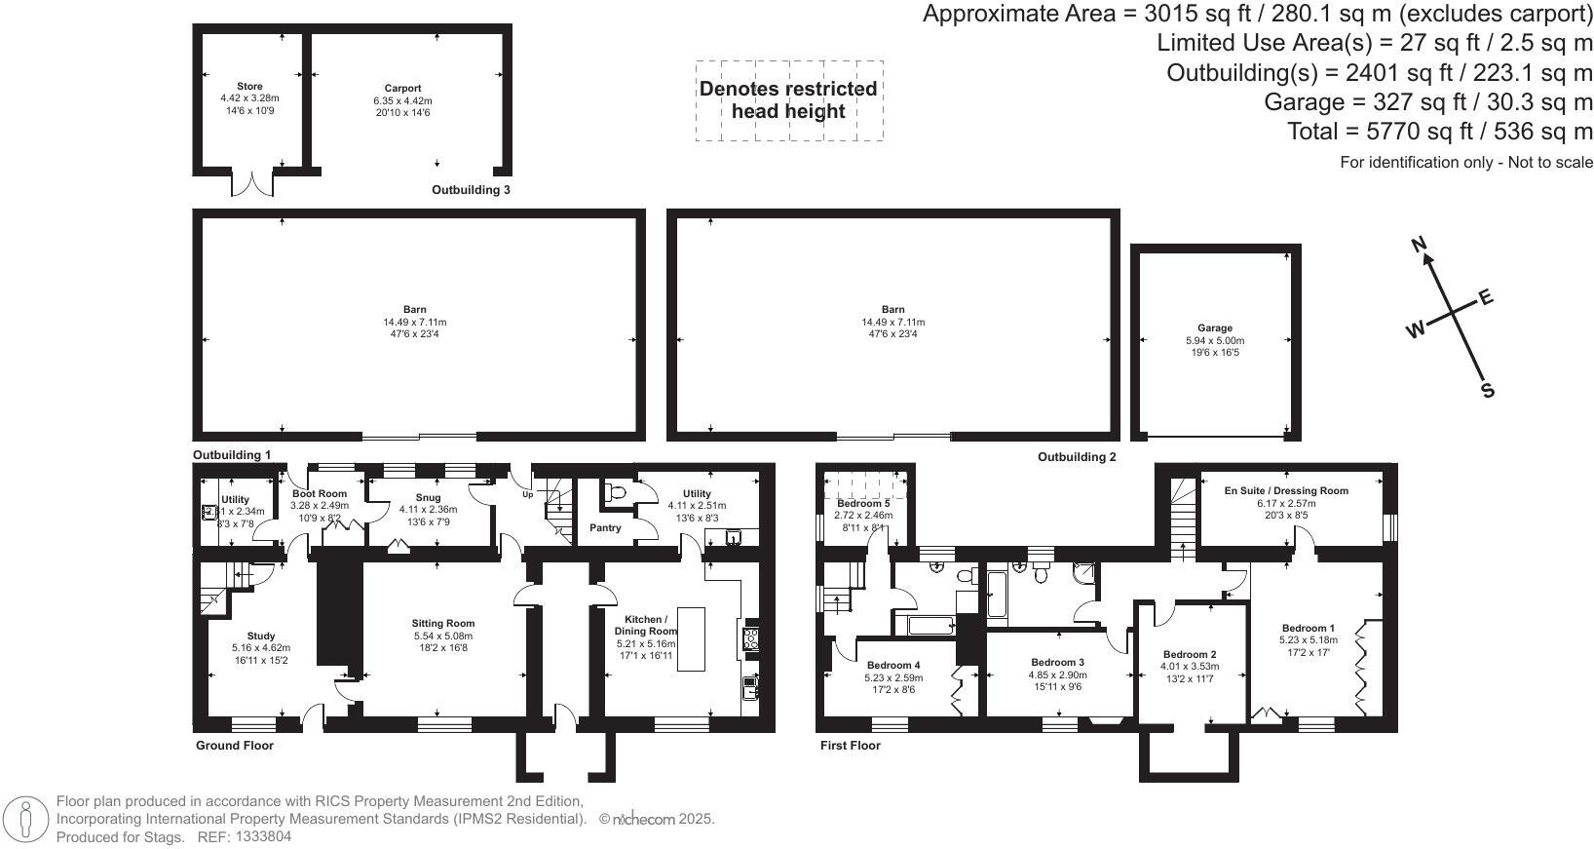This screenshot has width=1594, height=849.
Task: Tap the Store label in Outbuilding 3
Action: [249, 87]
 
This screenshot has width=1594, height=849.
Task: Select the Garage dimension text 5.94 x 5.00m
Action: [1215, 340]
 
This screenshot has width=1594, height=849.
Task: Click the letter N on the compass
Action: [1420, 244]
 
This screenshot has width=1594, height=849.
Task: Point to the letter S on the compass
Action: [1488, 390]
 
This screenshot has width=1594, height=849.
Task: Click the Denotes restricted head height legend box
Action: [788, 100]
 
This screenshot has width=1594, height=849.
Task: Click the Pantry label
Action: [606, 527]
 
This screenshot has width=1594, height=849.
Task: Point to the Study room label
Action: [261, 636]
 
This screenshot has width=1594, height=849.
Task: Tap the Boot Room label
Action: [320, 494]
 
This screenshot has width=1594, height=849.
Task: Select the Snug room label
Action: [429, 497]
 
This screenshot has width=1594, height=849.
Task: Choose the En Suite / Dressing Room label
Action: [1286, 491]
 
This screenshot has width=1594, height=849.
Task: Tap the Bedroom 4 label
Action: [893, 666]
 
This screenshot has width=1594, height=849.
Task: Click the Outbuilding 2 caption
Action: [1077, 457]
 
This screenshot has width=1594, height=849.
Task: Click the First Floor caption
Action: [849, 746]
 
